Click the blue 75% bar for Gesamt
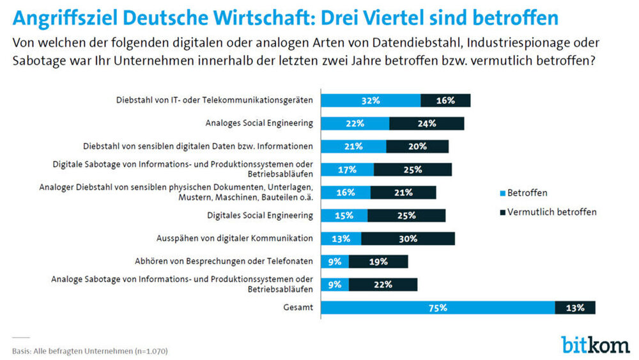pos(438,308)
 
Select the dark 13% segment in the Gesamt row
pos(575,308)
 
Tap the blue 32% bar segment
pos(371,100)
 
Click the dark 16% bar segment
pos(445,100)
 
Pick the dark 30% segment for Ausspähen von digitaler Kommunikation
pos(408,239)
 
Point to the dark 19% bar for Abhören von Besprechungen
pos(378,262)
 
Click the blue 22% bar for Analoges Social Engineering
pos(355,123)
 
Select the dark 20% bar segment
pos(417,146)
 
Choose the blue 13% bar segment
pos(341,239)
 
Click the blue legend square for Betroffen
pos(502,192)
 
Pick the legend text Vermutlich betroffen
pos(553,212)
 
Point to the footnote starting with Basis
pos(90,350)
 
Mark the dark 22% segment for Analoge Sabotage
pos(383,285)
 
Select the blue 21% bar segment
pos(353,146)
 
